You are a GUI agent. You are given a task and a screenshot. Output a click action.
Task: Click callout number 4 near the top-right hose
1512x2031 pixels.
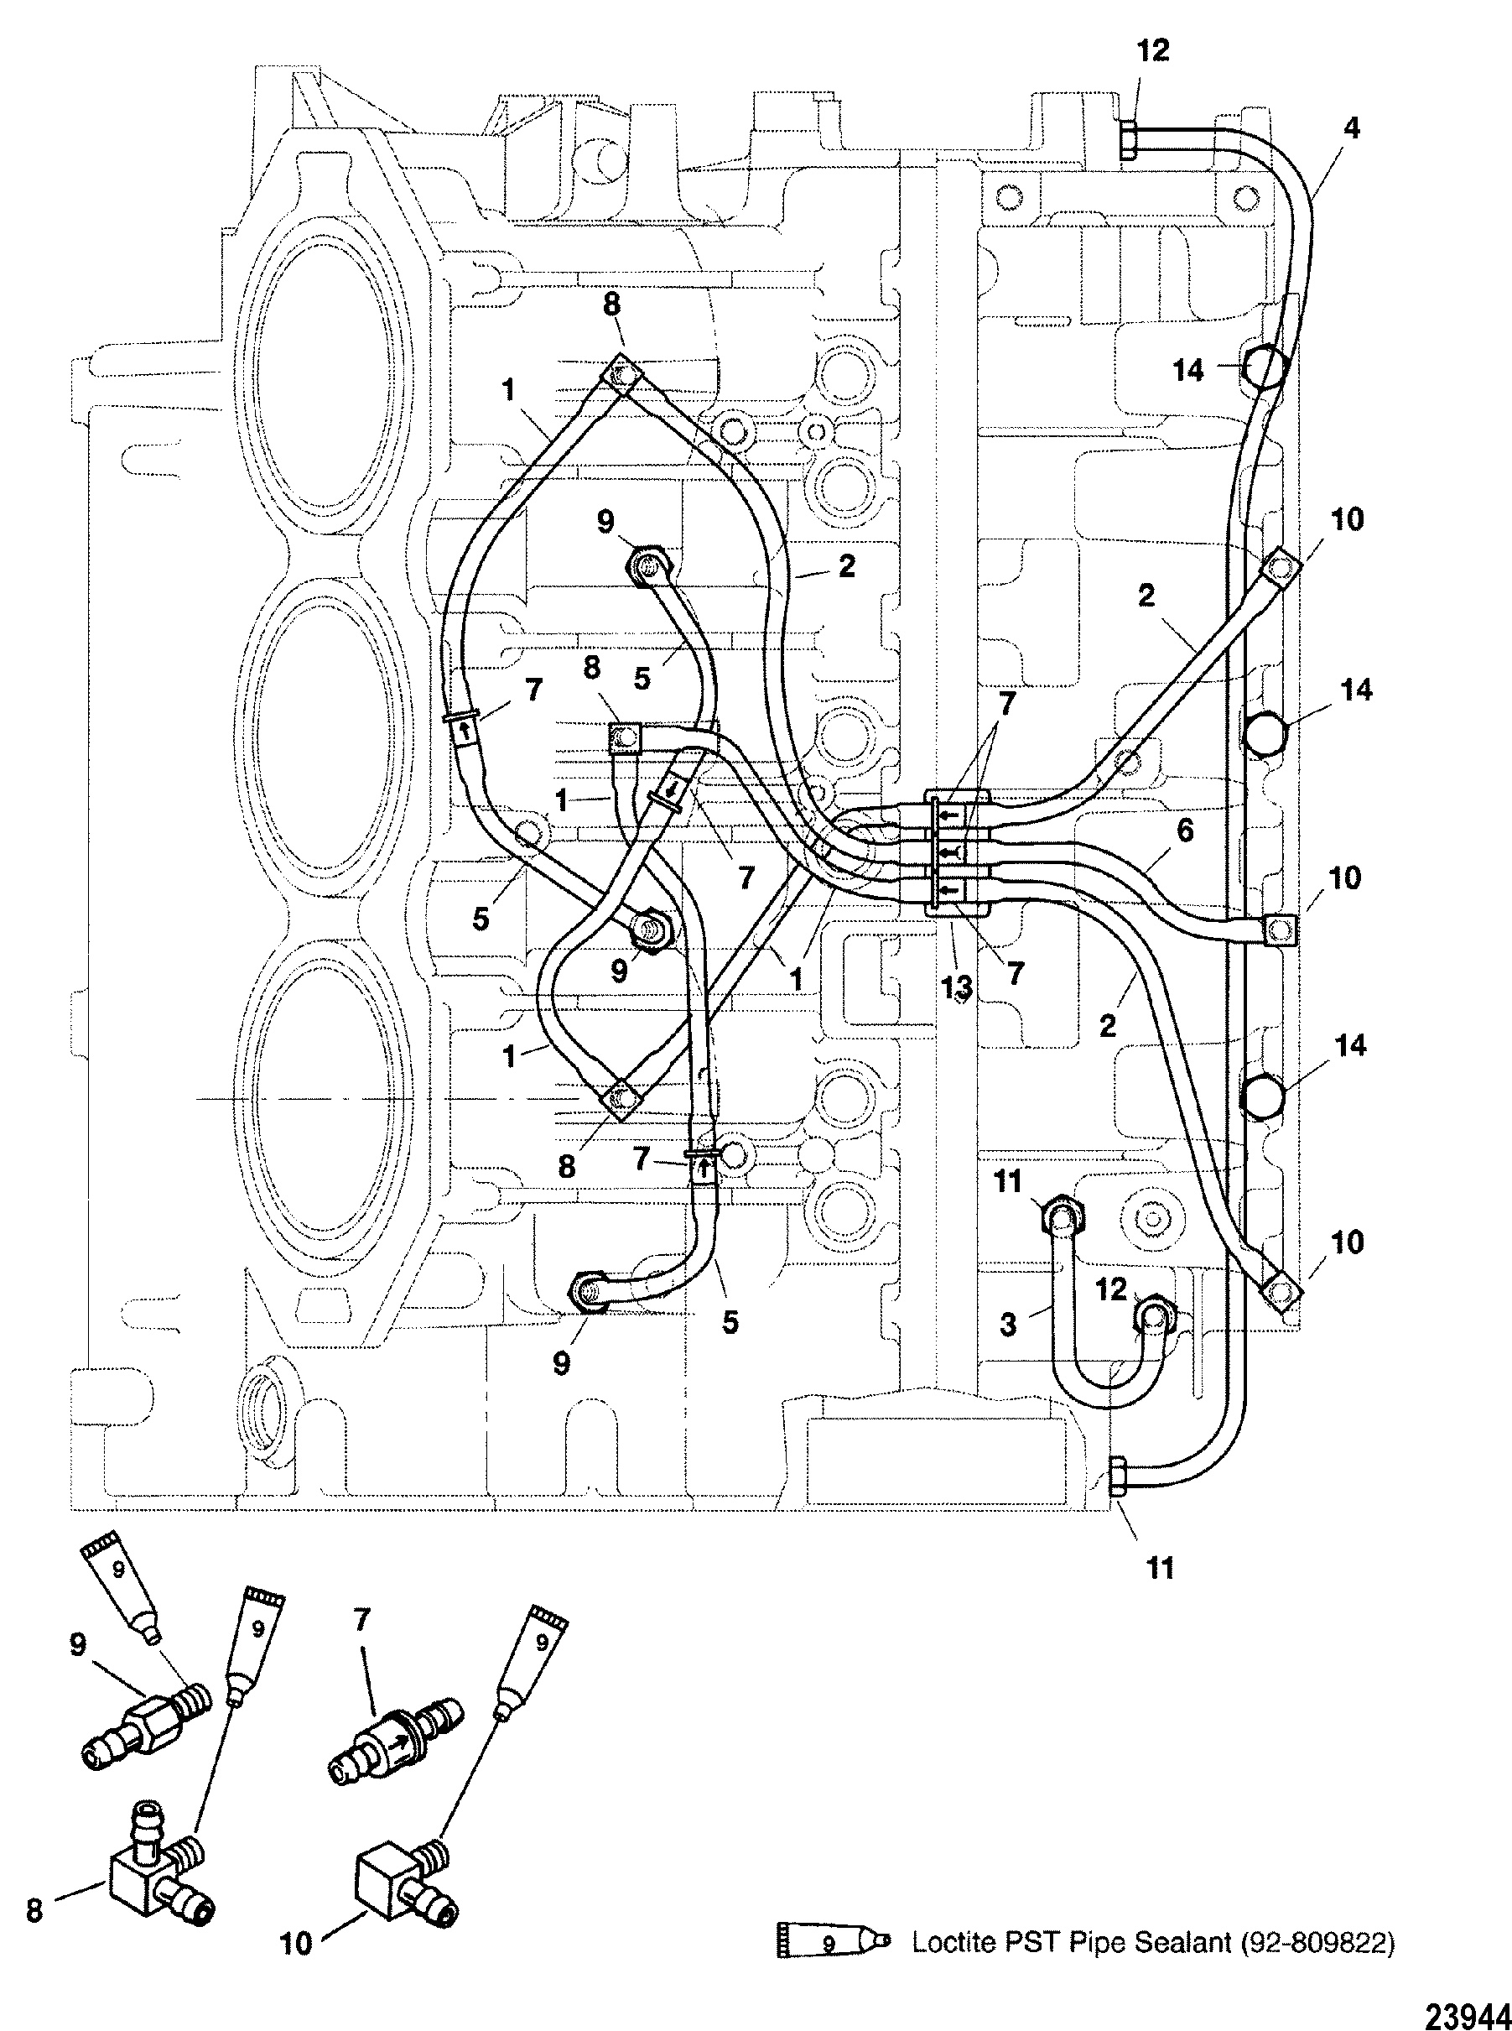point(1351,128)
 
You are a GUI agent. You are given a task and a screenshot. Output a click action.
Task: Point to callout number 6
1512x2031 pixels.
point(1185,831)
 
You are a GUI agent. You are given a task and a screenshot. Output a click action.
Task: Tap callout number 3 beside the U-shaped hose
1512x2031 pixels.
point(1008,1325)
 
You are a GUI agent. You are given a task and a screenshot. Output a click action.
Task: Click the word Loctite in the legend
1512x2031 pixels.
point(947,1942)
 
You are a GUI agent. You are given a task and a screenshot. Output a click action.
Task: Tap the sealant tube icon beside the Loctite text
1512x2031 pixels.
point(833,1943)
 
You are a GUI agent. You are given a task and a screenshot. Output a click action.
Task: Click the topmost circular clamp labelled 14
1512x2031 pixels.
point(1265,367)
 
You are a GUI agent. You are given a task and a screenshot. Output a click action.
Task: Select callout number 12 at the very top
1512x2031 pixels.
point(1153,50)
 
